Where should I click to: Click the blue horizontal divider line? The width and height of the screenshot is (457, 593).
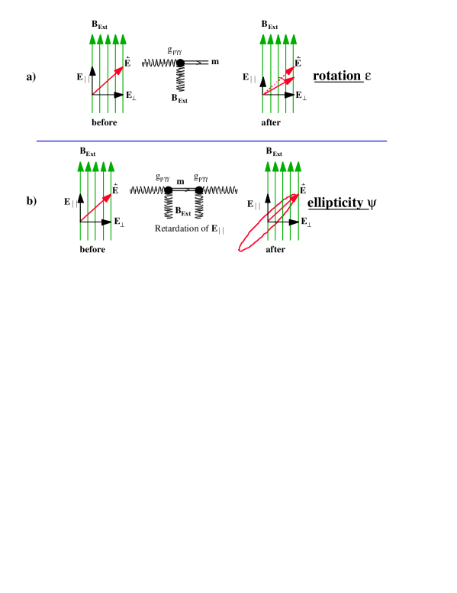click(211, 141)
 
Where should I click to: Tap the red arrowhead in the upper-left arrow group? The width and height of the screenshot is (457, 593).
click(119, 70)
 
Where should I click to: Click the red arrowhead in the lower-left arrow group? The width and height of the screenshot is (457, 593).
click(107, 197)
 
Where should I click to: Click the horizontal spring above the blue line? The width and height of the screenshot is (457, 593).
click(159, 63)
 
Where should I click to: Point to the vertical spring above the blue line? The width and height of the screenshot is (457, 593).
click(181, 79)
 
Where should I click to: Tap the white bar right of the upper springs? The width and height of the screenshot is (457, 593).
click(196, 62)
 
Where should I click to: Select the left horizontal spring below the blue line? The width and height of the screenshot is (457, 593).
click(146, 190)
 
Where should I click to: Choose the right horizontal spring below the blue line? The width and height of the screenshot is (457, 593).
click(220, 190)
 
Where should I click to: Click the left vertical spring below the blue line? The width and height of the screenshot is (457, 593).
click(169, 206)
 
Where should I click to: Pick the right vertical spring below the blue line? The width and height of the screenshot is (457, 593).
click(199, 206)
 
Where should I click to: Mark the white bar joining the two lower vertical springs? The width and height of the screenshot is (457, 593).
click(184, 189)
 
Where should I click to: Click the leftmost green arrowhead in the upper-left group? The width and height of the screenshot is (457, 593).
click(92, 40)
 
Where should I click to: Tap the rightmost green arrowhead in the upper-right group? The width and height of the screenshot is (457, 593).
click(294, 40)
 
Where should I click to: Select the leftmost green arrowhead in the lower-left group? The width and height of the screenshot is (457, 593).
click(80, 167)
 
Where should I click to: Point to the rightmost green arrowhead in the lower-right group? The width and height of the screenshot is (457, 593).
click(298, 167)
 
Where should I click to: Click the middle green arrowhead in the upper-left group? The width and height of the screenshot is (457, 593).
click(108, 40)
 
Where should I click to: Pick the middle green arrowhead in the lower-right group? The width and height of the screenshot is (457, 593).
click(283, 167)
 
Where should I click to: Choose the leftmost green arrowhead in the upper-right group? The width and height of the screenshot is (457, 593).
click(263, 40)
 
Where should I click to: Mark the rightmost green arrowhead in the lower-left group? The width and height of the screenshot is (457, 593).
click(111, 167)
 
